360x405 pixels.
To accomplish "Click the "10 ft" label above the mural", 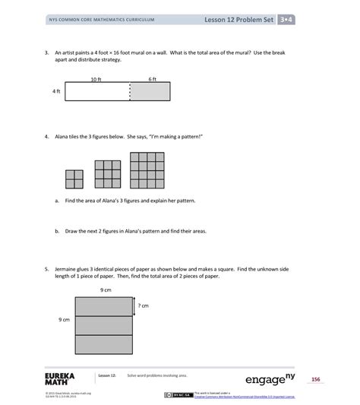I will click(96, 78).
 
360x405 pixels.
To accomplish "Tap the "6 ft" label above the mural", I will click(152, 78).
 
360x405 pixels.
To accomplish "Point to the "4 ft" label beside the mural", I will click(56, 91).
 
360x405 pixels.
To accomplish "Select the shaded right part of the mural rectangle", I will click(150, 91).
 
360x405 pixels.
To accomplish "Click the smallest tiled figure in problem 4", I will click(74, 179).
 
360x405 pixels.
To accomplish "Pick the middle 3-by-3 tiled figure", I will click(108, 174).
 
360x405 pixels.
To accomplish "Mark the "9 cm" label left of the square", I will click(65, 321).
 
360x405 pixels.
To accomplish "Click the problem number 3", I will click(46, 52).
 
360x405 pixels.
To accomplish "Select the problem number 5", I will click(46, 268).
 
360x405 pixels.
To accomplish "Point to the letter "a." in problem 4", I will click(57, 202).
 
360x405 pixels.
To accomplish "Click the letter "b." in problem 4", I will click(57, 231).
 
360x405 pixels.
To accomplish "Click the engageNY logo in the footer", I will click(270, 378).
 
